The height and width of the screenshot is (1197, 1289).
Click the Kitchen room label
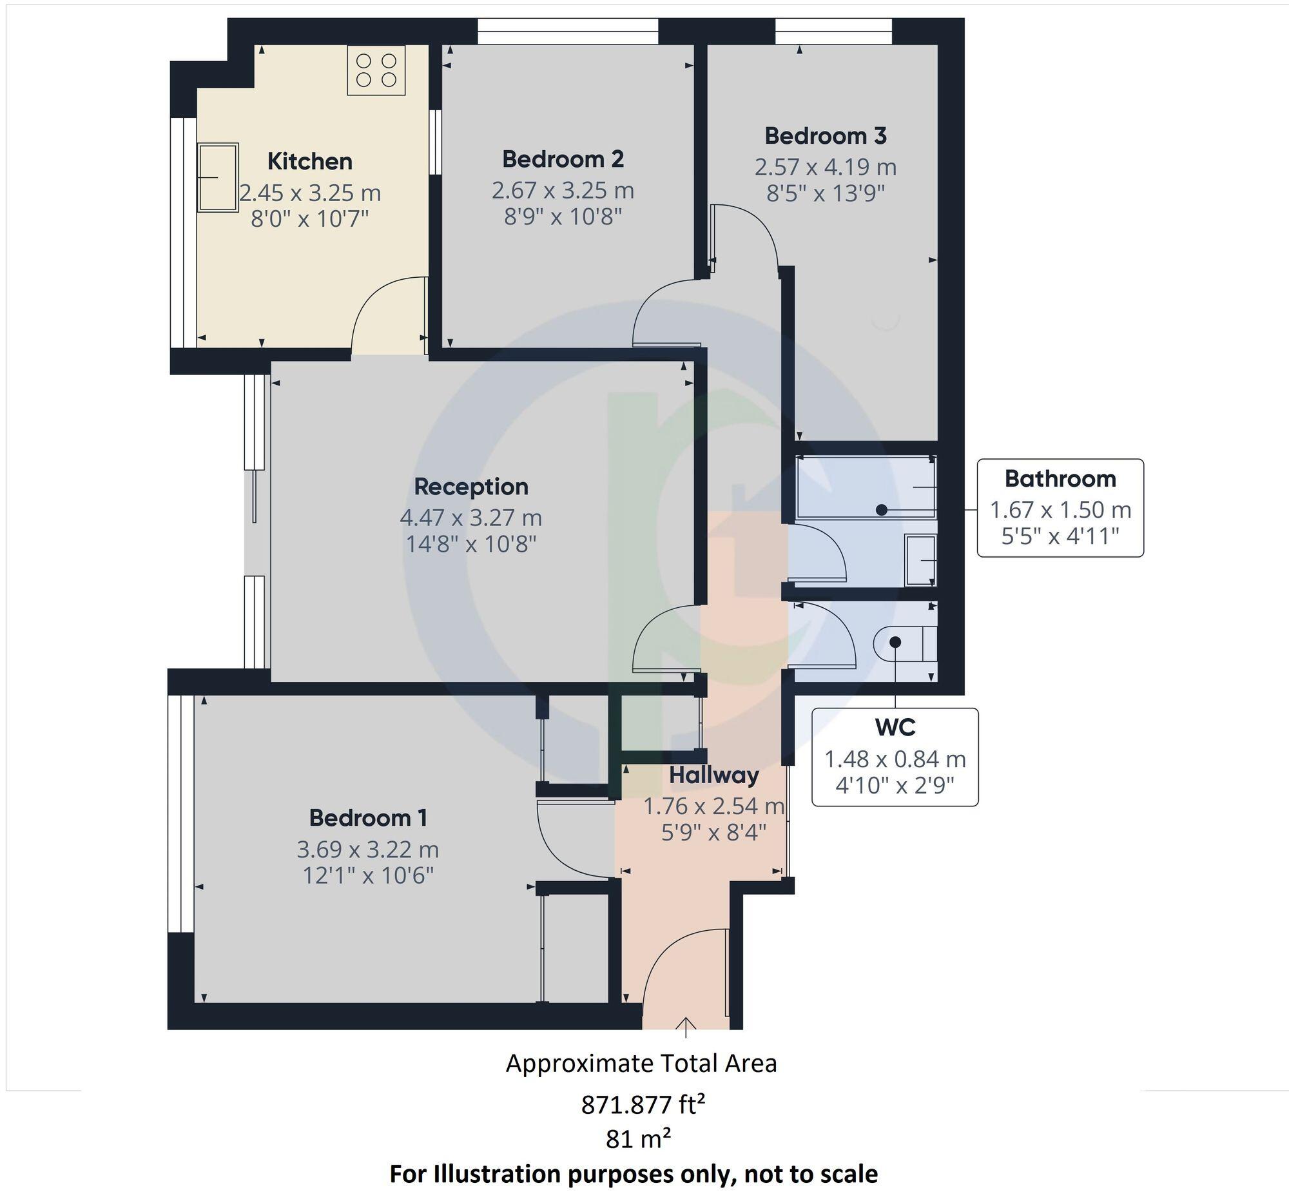click(309, 161)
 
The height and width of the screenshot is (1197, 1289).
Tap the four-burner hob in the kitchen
click(376, 70)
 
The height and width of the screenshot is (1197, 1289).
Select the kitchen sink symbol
click(218, 177)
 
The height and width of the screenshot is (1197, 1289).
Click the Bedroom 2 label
click(562, 159)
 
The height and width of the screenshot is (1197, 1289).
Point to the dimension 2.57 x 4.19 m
click(824, 167)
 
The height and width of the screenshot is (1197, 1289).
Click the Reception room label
click(471, 487)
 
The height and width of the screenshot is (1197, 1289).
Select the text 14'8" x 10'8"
click(471, 544)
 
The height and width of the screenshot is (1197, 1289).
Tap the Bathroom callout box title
click(1060, 479)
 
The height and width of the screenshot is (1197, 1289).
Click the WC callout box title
click(895, 727)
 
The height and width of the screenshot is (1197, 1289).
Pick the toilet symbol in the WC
click(904, 643)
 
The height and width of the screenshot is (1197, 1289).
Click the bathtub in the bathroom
click(865, 488)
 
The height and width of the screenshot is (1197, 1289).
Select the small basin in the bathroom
click(920, 560)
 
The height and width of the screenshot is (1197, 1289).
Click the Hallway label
click(714, 775)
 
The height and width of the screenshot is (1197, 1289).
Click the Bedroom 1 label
click(368, 818)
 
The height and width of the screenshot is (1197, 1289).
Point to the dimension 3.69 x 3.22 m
click(368, 848)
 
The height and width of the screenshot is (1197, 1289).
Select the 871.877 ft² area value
click(642, 1104)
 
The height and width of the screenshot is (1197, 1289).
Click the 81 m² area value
click(638, 1138)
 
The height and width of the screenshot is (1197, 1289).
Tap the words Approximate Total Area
click(641, 1064)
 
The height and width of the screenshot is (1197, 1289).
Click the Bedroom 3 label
click(825, 136)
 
